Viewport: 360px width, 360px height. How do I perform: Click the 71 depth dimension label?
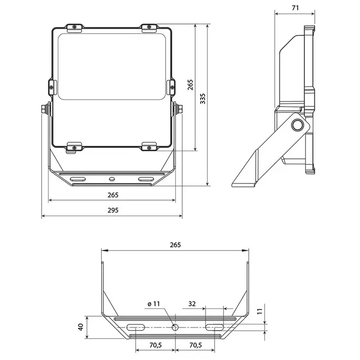[x=295, y=8]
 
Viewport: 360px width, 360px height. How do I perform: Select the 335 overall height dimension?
[x=203, y=99]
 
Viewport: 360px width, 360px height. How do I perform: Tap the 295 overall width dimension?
[x=113, y=210]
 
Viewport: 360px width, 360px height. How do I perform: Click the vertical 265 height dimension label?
[x=190, y=85]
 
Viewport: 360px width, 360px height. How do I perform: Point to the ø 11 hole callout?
[x=154, y=304]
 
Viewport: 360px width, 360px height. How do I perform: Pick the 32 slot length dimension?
[x=192, y=304]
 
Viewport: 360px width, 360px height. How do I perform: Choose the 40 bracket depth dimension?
[x=81, y=327]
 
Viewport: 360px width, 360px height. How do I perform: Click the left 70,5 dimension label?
[x=155, y=345]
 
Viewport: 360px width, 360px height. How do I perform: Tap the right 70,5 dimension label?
[x=195, y=345]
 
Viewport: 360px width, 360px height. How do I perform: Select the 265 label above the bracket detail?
[x=175, y=245]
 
